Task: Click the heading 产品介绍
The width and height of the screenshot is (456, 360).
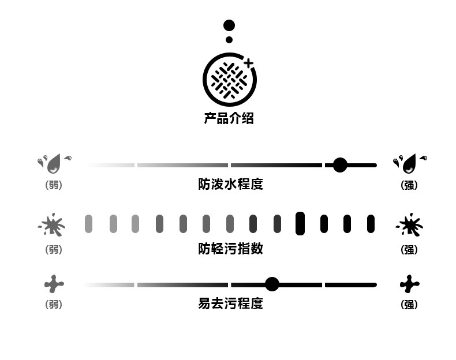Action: pos(229,119)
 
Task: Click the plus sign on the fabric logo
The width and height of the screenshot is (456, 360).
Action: pos(248,62)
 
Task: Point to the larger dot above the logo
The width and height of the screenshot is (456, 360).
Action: pos(229,25)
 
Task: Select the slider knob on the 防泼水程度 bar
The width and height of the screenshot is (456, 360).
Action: pos(340,166)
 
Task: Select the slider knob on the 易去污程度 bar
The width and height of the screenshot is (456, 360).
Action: pos(272,284)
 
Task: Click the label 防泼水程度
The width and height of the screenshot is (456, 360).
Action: pos(230,185)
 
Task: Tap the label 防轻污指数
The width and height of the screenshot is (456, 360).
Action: pos(230,249)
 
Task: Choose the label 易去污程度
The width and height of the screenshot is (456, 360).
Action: pos(230,303)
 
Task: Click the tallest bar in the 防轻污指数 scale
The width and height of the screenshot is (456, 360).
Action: pos(300,223)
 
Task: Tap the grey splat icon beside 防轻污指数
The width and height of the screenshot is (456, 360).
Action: pos(53,225)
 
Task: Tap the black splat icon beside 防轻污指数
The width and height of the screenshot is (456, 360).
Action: pos(410,225)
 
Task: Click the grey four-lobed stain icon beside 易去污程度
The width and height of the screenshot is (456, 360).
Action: pos(54,284)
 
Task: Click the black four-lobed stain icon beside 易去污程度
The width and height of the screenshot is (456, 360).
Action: pos(409,284)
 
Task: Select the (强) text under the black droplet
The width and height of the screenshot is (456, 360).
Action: pos(409,186)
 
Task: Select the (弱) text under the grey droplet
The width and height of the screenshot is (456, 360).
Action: pos(54,186)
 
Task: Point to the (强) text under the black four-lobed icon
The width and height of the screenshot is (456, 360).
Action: pos(409,305)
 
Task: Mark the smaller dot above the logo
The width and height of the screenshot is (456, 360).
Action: pos(229,40)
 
